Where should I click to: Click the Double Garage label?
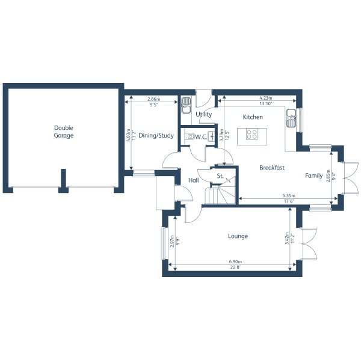tap(63, 131)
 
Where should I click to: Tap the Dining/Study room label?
tap(156, 136)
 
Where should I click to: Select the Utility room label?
tap(203, 114)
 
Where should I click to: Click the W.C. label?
tap(201, 137)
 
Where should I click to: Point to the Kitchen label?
tap(253, 117)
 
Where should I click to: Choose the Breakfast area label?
tap(272, 168)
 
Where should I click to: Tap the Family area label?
tap(313, 175)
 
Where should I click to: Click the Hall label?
tap(194, 180)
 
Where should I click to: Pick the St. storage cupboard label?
tap(220, 176)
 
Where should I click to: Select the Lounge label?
tap(238, 236)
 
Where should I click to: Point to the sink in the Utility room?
tap(186, 102)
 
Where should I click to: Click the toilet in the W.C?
tap(190, 137)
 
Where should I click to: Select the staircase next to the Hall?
tap(215, 195)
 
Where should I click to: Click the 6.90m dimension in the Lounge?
tap(232, 263)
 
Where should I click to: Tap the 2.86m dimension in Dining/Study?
tap(153, 99)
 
